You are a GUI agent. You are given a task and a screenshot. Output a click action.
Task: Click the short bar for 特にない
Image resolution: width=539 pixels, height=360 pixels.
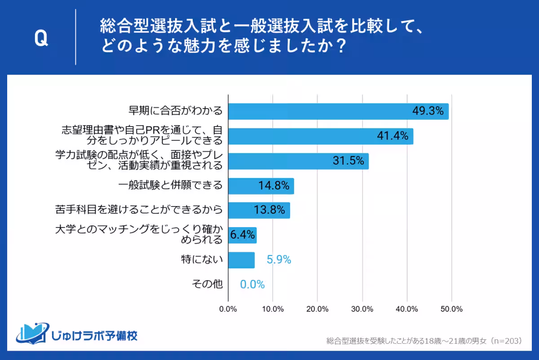coord(241,260)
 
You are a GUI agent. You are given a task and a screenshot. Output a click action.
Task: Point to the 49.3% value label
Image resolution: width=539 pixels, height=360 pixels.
coord(428,111)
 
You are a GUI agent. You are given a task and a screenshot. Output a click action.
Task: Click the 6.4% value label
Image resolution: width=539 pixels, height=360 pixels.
coord(243,235)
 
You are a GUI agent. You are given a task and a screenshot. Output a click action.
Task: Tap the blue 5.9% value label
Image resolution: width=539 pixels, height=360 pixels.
coord(279,260)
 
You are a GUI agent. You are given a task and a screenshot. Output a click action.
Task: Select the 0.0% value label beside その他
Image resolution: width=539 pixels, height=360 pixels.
coord(252,285)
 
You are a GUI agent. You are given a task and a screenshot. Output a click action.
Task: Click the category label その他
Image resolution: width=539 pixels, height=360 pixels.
coord(207,285)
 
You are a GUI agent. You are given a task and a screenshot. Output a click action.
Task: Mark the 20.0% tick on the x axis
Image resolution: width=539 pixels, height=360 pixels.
coord(318,309)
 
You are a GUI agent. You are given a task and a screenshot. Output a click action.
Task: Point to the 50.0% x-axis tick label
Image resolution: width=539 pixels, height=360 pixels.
coord(451,309)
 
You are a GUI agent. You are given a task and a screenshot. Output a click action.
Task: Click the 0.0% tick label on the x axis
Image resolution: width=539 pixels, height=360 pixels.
coord(228,309)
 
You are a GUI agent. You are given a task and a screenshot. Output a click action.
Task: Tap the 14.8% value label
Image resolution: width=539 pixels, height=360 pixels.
coord(274,186)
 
